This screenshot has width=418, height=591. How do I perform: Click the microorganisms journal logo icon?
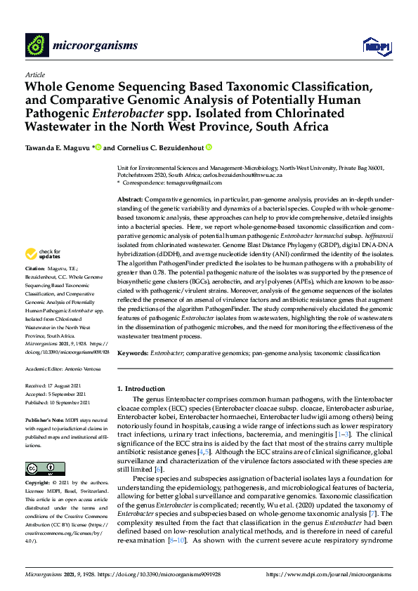(36, 45)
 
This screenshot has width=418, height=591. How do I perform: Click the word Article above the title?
(34, 75)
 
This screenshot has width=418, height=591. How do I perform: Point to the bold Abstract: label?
(131, 200)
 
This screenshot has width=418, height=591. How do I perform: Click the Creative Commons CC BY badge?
(41, 467)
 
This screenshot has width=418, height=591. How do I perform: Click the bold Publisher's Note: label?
(46, 418)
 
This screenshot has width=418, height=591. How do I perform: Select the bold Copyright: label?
(39, 484)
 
